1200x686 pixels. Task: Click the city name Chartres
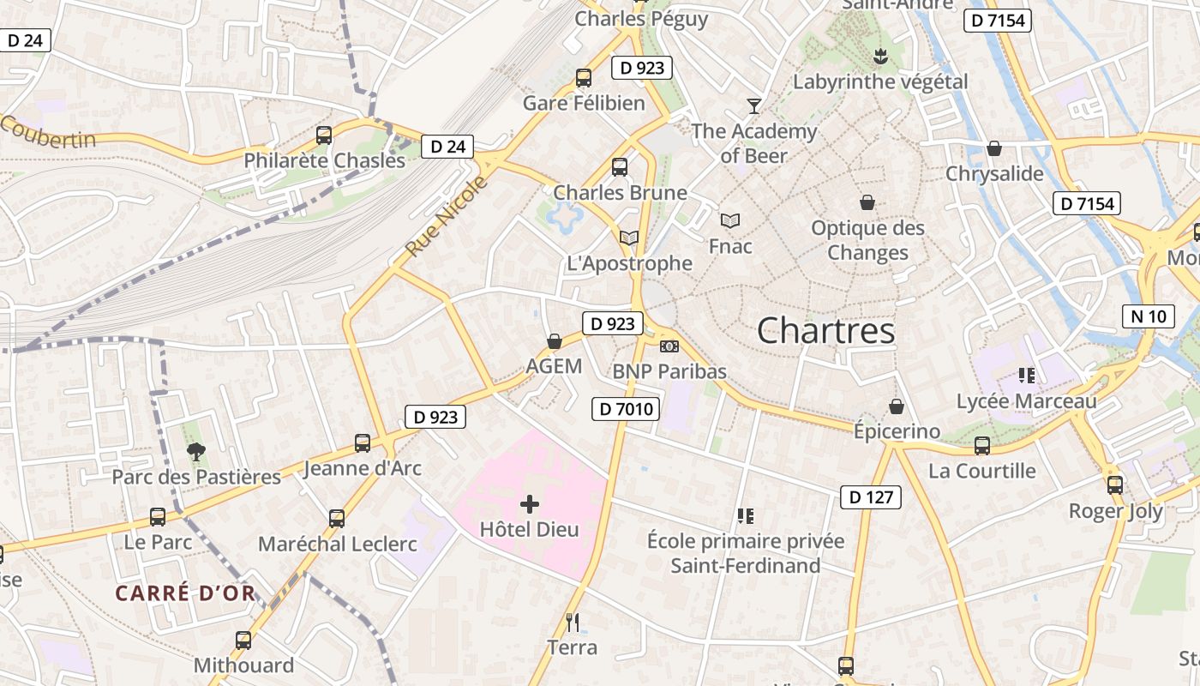click(825, 331)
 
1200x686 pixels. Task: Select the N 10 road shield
click(1148, 316)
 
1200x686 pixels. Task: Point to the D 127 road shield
click(871, 496)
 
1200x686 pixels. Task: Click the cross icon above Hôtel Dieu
click(530, 504)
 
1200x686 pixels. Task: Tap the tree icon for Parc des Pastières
click(196, 451)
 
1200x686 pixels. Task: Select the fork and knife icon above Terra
click(573, 622)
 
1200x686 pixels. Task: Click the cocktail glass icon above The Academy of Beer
click(754, 105)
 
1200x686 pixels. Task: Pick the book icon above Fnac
click(730, 221)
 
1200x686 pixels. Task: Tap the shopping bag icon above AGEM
click(555, 341)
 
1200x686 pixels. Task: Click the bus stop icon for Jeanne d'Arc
click(363, 443)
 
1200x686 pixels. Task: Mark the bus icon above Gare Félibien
click(584, 78)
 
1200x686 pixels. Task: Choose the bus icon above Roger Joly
click(1114, 485)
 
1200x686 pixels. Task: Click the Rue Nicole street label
click(446, 216)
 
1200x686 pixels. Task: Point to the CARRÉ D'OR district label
click(185, 593)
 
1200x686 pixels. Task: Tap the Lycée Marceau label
click(1026, 401)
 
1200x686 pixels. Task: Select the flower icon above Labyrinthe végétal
click(879, 57)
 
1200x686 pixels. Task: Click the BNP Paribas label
click(669, 371)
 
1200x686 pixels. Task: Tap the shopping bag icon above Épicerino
click(897, 406)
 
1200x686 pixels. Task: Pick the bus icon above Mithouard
click(243, 640)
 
